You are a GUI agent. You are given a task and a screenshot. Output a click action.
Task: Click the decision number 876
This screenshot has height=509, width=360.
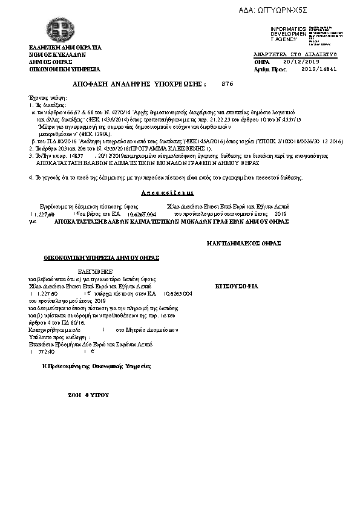click(227, 83)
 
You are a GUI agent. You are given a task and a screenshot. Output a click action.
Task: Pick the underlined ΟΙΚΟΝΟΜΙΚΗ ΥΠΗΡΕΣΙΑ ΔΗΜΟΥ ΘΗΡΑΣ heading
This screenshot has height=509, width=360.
click(101, 258)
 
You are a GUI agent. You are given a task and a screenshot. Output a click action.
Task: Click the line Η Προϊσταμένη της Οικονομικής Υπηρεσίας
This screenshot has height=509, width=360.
click(96, 366)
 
